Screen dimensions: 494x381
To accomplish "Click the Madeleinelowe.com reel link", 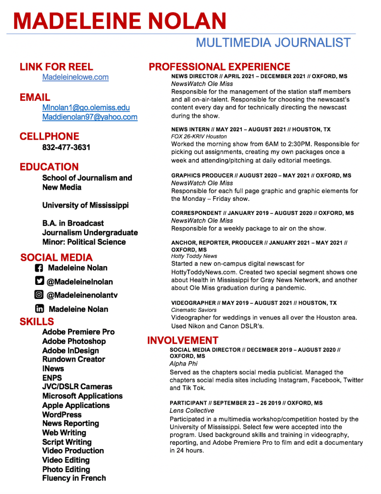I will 75,77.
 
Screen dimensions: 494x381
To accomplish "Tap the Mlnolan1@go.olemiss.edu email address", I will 86,108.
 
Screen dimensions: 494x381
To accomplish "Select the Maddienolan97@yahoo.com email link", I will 89,117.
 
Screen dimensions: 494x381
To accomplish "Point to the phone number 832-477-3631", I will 66,147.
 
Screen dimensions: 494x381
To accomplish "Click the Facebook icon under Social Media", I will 40,268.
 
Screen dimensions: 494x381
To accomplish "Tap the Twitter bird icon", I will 40,281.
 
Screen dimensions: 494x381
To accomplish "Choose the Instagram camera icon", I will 39,295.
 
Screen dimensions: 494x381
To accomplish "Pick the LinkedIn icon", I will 40,309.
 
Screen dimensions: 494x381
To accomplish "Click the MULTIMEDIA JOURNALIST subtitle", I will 273,42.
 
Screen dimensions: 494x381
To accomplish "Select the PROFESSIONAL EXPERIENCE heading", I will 219,67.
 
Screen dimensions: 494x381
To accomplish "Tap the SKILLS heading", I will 37,322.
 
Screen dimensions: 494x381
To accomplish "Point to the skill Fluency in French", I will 73,478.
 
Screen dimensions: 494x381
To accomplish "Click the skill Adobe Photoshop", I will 73,341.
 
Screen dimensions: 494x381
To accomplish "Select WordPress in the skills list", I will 62,414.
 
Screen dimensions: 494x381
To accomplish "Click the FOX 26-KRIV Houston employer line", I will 199,137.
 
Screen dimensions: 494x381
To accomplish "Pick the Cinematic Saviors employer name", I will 193,310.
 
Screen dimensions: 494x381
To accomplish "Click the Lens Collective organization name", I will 191,410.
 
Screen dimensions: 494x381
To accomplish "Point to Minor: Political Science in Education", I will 84,242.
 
